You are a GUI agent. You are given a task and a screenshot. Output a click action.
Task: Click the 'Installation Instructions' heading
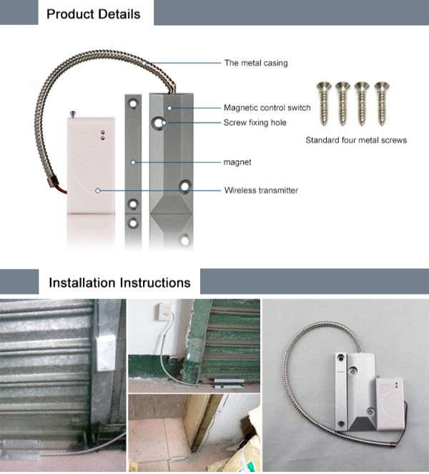tap(119, 282)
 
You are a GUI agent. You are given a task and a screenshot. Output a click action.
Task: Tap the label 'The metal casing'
tap(256, 63)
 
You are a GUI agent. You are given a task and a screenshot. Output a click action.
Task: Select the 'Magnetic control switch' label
tap(267, 108)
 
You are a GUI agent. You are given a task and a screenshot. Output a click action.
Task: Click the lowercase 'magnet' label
tap(237, 162)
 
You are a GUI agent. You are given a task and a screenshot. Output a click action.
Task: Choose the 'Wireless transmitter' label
tap(261, 190)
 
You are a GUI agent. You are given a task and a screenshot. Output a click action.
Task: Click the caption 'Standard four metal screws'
tap(356, 140)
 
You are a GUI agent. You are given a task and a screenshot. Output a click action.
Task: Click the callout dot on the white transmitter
tap(97, 190)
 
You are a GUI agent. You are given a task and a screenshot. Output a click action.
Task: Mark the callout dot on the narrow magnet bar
tap(132, 162)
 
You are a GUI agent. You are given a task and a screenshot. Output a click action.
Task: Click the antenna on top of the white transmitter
tap(74, 112)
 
